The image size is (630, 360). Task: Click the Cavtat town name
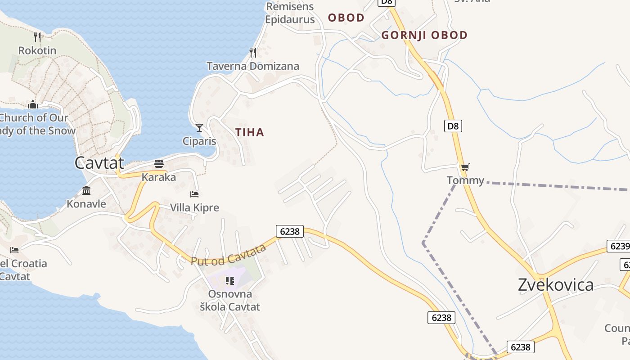pos(99,162)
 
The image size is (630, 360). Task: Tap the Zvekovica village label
pos(555,285)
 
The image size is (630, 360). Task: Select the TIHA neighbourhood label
pos(249,132)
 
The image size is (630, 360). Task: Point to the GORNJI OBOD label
pos(424,35)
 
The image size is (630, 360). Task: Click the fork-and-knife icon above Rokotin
pos(37,37)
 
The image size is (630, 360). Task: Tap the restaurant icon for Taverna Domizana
pos(253,53)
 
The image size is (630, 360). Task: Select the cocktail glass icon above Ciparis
pos(199,128)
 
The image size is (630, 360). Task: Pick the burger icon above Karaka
pos(158,163)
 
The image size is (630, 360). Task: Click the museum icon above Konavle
pos(86,190)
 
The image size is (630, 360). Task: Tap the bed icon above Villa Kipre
pos(194,194)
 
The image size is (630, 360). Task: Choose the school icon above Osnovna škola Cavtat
pos(230,281)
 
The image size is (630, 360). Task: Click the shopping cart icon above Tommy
pos(465,167)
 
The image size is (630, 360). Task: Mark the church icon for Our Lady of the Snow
pos(33,105)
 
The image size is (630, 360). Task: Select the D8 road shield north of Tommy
pos(453,126)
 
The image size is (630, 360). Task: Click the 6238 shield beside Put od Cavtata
pos(289,231)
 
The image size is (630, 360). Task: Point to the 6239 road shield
pos(618,246)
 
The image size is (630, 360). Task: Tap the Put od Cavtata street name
pos(229,255)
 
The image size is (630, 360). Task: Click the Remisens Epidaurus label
pos(290,13)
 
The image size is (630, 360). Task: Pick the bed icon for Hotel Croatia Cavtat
pos(14,250)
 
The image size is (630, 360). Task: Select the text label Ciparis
pos(199,141)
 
